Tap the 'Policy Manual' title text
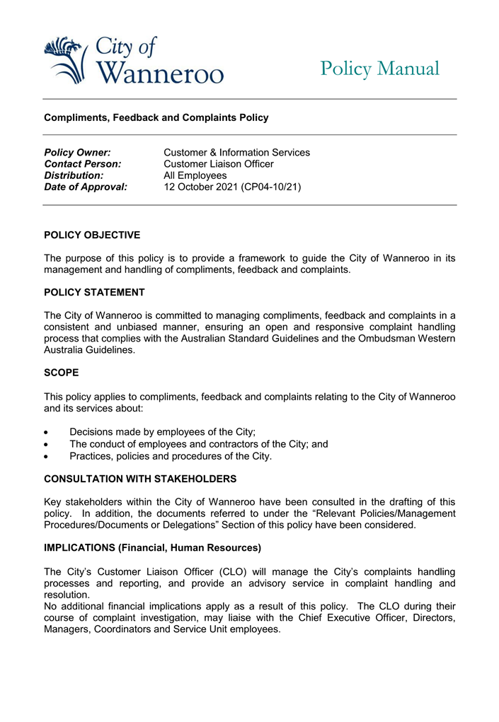pyautogui.click(x=379, y=69)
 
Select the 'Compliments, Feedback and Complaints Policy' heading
pyautogui.click(x=156, y=117)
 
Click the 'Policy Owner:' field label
pyautogui.click(x=77, y=153)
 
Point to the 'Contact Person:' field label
pyautogui.click(x=83, y=164)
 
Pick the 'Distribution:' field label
pyautogui.click(x=74, y=175)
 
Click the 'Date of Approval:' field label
pyautogui.click(x=86, y=187)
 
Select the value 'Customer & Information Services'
pyautogui.click(x=236, y=153)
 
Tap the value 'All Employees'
pyautogui.click(x=195, y=175)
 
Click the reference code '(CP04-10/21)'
pyautogui.click(x=272, y=187)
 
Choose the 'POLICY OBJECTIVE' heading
pyautogui.click(x=92, y=235)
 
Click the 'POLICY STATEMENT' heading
pyautogui.click(x=94, y=292)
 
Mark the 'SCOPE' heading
pyautogui.click(x=62, y=372)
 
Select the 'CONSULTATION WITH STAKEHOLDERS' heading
pyautogui.click(x=140, y=479)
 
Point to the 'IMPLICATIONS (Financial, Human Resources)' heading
pyautogui.click(x=153, y=547)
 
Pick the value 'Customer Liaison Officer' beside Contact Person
pyautogui.click(x=219, y=164)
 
